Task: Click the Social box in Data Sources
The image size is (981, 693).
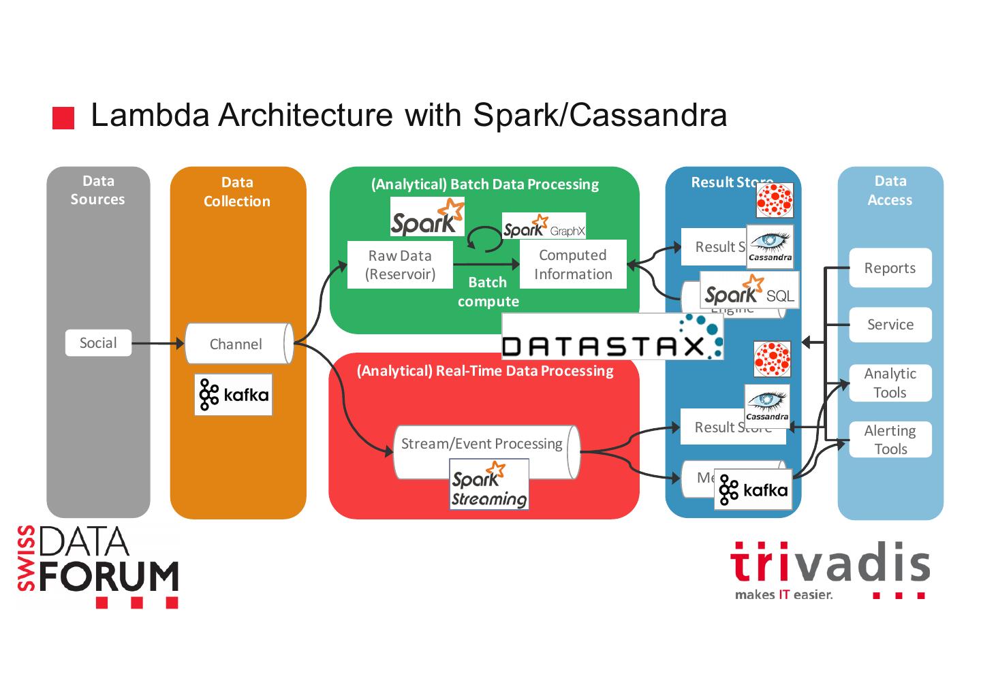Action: (x=98, y=342)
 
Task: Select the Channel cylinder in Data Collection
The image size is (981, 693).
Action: (x=236, y=344)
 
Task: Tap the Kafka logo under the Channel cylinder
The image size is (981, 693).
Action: (x=233, y=394)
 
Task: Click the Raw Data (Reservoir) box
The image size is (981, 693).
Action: (x=400, y=265)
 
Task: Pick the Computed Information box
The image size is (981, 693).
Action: (x=573, y=265)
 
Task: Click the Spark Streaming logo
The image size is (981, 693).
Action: (x=489, y=484)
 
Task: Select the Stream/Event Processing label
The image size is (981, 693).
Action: (x=482, y=444)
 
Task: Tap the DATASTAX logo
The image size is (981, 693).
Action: (x=612, y=337)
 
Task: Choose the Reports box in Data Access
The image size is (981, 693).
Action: (x=890, y=268)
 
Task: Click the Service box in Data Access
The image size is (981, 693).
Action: (x=890, y=325)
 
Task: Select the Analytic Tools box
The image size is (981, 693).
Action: (x=890, y=383)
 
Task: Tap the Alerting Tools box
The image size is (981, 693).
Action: (x=890, y=440)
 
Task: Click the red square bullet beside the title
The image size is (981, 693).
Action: (x=63, y=117)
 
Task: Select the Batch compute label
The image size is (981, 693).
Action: (x=488, y=291)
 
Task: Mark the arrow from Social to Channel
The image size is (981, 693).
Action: (x=158, y=343)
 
